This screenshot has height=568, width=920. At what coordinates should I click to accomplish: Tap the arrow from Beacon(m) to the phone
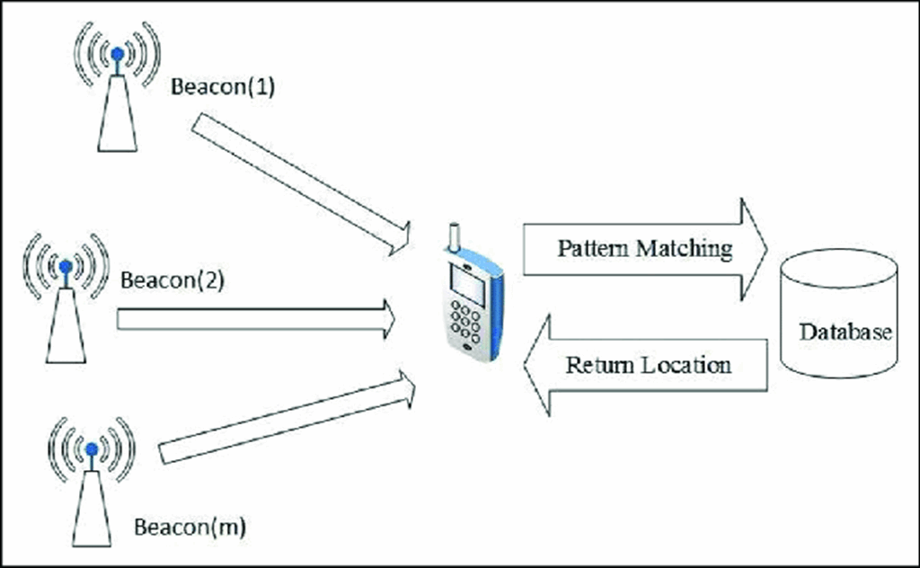pos(287,422)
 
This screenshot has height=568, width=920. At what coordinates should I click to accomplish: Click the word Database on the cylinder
pos(845,332)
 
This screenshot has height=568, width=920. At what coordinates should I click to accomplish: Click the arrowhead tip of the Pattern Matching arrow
pos(765,249)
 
